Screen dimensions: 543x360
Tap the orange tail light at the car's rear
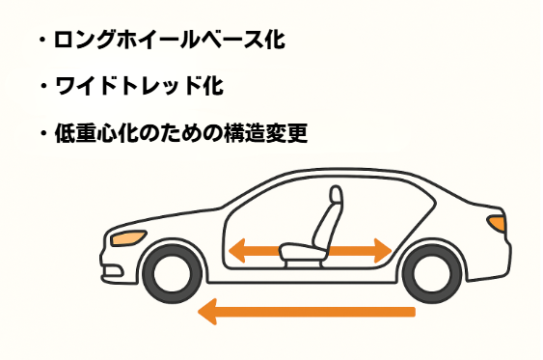tap(496, 223)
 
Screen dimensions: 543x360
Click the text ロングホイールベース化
tap(172, 42)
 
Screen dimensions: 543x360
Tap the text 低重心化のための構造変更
tap(181, 132)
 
